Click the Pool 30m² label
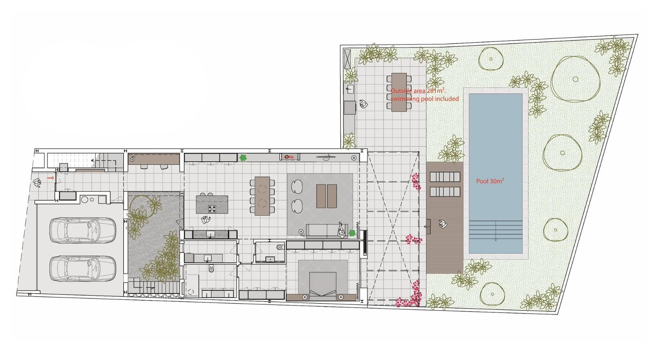click(490, 181)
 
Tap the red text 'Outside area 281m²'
click(417, 90)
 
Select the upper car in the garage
click(82, 230)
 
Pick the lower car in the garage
click(82, 269)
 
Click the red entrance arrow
click(51, 178)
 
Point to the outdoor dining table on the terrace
click(399, 92)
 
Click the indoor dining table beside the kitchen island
click(262, 196)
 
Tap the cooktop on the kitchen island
click(212, 209)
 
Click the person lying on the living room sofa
click(342, 230)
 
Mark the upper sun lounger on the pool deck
click(445, 177)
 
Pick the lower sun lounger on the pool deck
click(445, 192)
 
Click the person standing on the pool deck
click(443, 224)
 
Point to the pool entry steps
click(496, 230)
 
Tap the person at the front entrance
click(37, 183)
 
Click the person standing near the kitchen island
click(206, 220)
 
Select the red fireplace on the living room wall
click(290, 157)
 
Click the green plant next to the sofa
click(352, 233)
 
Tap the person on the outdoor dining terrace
click(363, 104)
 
